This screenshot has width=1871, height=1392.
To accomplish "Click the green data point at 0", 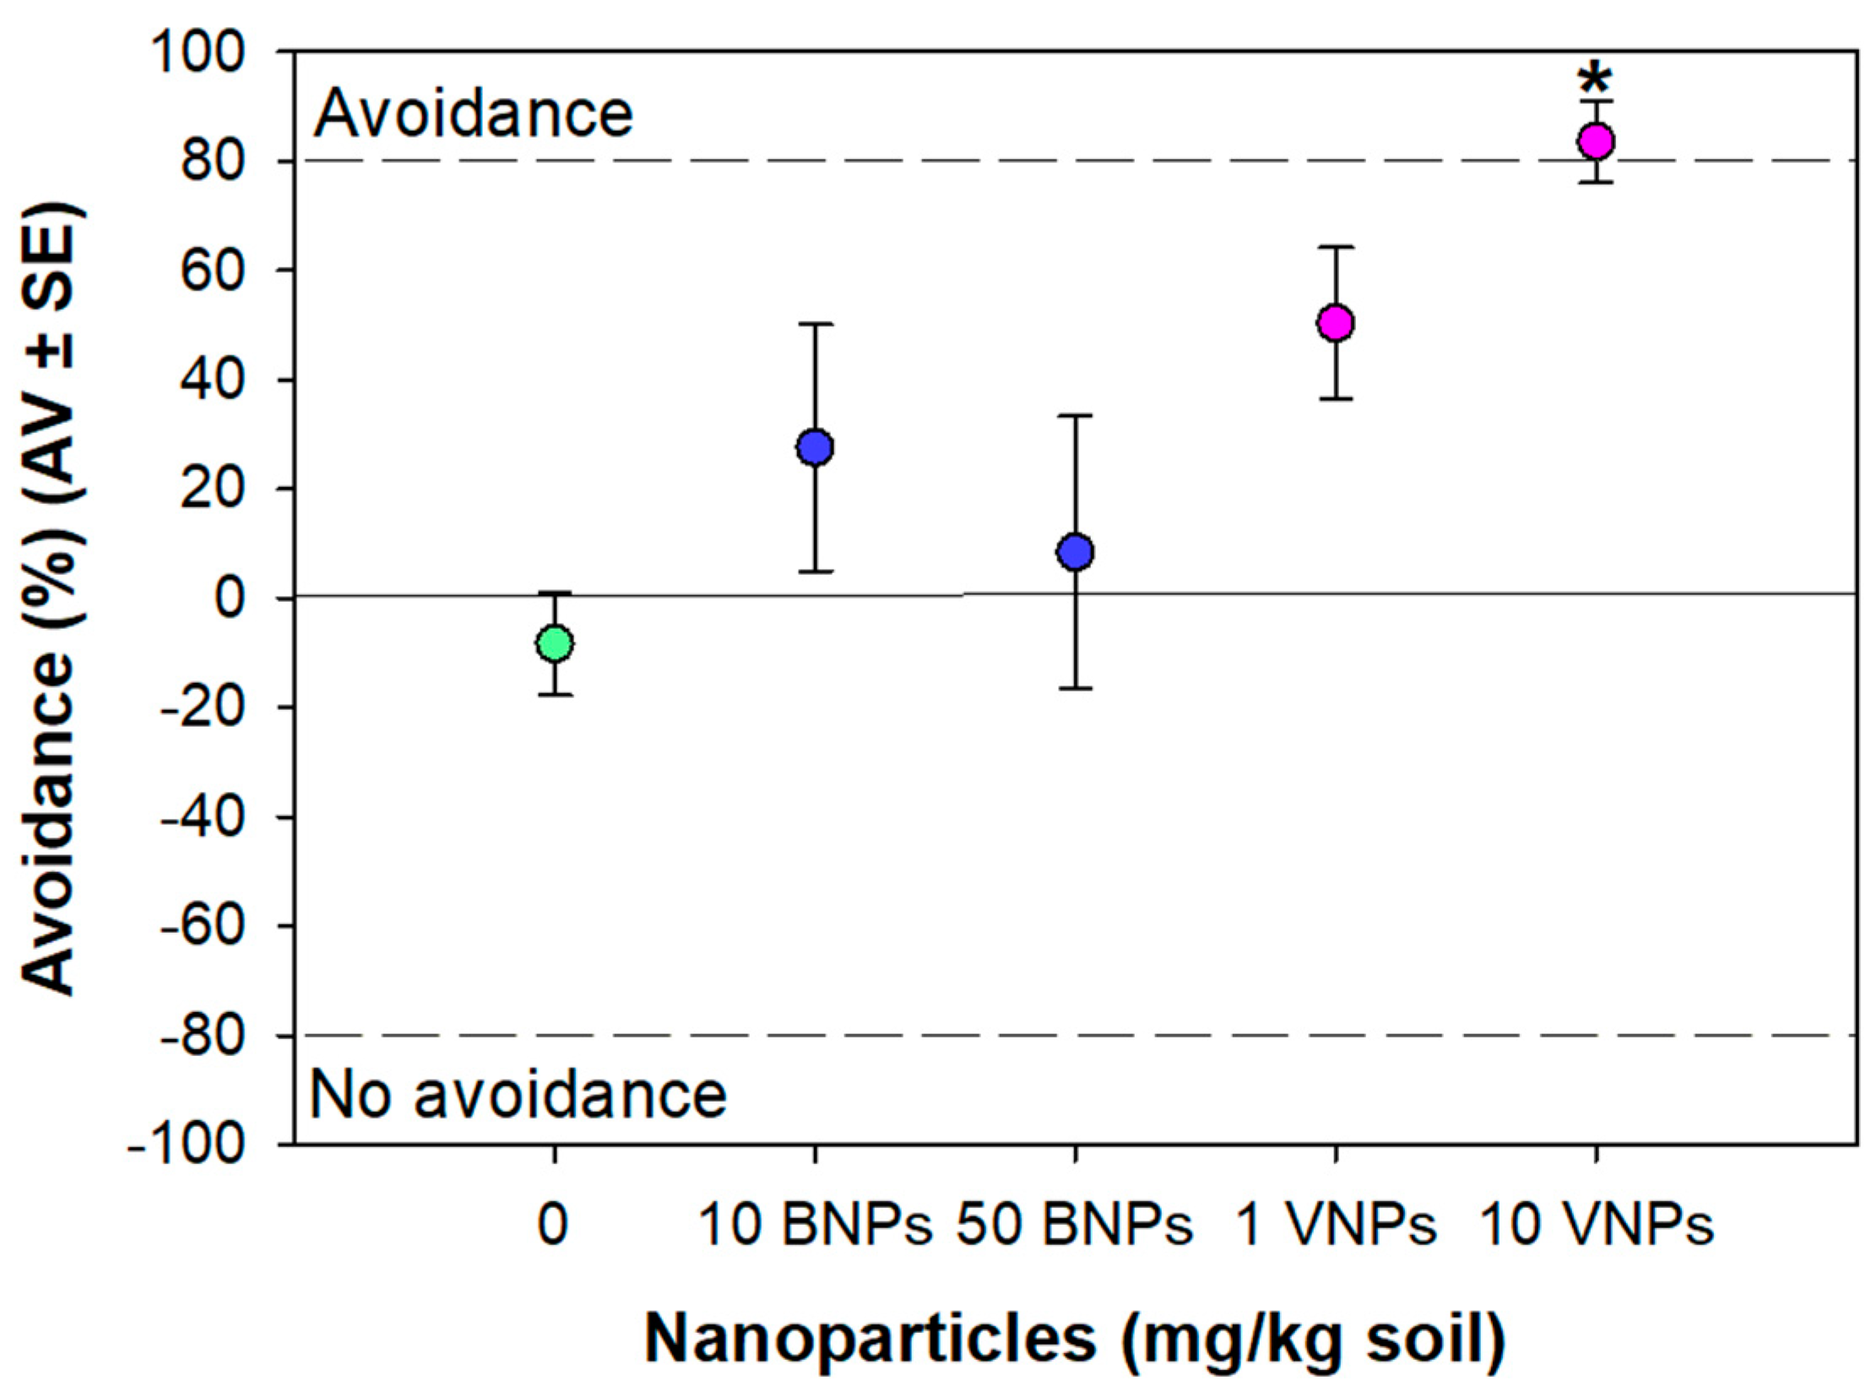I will tap(555, 643).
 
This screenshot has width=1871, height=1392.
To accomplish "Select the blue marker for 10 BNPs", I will tap(815, 447).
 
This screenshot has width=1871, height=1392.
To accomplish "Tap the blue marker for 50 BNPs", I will tap(1076, 551).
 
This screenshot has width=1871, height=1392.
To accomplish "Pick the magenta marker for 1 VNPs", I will tap(1336, 322).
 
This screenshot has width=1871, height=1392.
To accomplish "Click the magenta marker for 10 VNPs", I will tap(1596, 141).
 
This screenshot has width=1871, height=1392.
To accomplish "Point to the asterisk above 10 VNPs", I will tap(1596, 83).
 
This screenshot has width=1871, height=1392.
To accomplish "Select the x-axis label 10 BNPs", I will tap(816, 1225).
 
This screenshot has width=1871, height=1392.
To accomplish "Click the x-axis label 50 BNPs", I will tap(1075, 1225).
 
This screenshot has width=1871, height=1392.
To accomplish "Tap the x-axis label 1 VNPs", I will tap(1336, 1225).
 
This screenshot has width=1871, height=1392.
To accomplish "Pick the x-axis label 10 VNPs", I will tap(1597, 1225).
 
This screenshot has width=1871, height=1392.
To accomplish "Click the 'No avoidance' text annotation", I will tap(518, 1094).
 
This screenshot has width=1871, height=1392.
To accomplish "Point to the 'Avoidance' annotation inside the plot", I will tap(473, 115).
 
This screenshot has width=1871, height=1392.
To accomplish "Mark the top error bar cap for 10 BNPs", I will tap(815, 324).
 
